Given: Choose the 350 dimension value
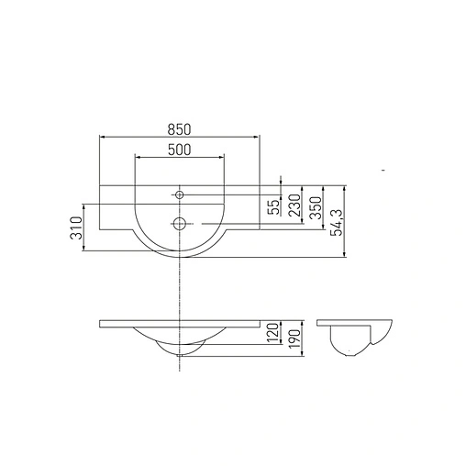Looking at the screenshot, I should (x=316, y=206).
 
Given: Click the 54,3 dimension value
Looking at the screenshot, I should (x=338, y=223).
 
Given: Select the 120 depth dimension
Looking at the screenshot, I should (x=272, y=335).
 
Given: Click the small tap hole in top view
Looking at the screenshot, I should (x=180, y=194).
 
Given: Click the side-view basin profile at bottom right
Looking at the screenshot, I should (x=357, y=337).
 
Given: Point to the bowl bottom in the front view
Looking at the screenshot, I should (x=180, y=352).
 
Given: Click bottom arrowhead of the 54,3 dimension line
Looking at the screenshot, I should (x=346, y=257).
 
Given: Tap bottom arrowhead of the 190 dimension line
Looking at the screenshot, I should (x=302, y=356).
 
